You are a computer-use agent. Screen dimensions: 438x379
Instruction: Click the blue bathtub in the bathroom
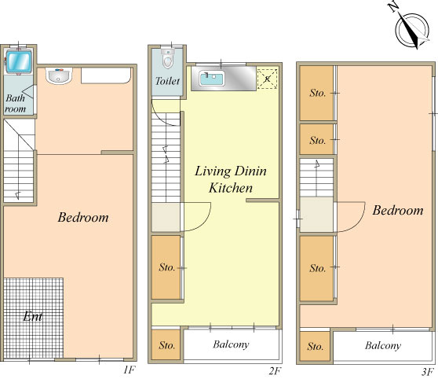(19, 61)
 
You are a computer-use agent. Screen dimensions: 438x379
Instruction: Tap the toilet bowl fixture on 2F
(168, 59)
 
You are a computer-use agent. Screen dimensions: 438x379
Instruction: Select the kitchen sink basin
(212, 78)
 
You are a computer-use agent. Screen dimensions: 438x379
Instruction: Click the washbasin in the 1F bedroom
(59, 75)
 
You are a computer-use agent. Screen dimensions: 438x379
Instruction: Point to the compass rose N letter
(394, 7)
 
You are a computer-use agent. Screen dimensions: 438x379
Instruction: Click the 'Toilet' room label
(167, 81)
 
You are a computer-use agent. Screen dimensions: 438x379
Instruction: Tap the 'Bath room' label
(16, 104)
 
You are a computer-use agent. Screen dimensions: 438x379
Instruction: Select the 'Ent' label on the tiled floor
(33, 317)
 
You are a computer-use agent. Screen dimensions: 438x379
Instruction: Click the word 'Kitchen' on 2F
(231, 188)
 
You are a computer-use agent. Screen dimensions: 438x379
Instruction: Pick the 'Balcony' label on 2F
(231, 344)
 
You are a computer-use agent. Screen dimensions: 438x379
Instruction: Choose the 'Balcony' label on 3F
(383, 346)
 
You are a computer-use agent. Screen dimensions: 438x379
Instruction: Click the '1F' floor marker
(130, 370)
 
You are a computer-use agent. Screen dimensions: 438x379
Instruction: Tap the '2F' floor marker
(275, 371)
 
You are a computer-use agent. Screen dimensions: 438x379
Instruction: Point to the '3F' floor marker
(427, 372)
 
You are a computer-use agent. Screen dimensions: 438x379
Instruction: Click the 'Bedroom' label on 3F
(398, 211)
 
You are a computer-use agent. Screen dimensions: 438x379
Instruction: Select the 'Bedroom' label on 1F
(83, 218)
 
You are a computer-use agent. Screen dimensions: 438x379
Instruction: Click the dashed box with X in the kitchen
(268, 79)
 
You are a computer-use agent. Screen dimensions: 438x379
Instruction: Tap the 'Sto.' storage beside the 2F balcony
(166, 344)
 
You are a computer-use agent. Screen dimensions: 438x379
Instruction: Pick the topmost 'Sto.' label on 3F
(318, 93)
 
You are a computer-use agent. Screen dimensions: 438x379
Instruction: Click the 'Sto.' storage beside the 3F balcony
(315, 346)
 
